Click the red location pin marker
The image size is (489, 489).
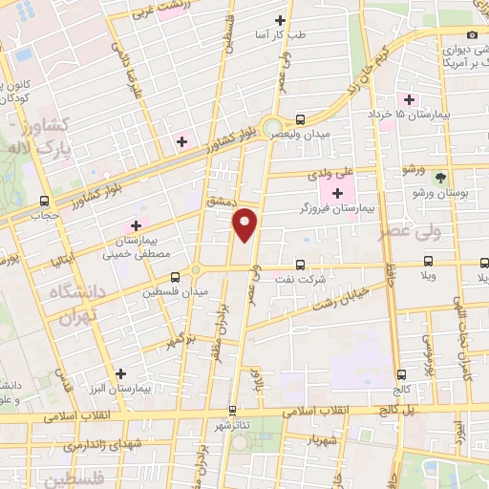tap(245, 224)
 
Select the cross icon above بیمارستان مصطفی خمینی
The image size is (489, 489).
tap(136, 224)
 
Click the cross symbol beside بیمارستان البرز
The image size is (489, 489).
tap(119, 374)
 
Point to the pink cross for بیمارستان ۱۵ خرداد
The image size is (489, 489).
tap(409, 99)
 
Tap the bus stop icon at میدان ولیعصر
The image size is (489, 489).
tap(301, 120)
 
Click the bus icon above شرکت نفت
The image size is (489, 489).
tap(300, 266)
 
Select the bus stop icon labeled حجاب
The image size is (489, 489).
tap(44, 202)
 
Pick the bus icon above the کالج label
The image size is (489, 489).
tap(400, 375)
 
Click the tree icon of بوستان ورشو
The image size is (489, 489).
tap(440, 178)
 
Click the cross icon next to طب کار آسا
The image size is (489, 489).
tap(280, 20)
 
